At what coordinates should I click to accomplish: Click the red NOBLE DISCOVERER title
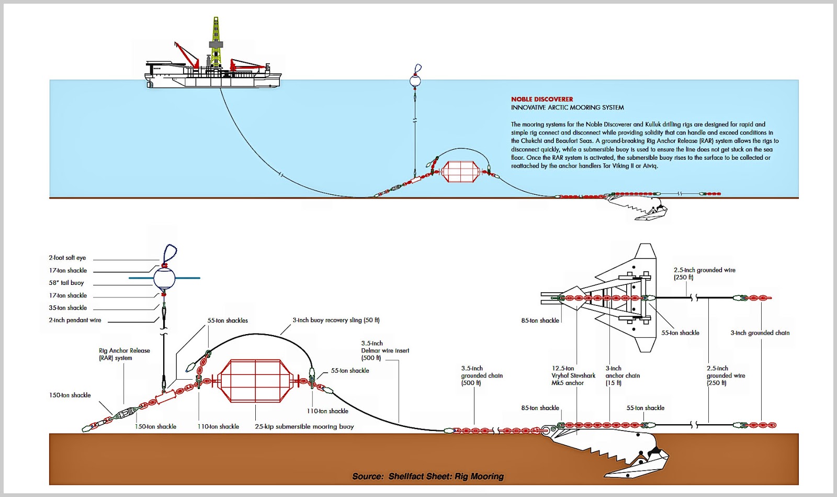click(541, 99)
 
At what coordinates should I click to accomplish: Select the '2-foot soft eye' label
click(67, 258)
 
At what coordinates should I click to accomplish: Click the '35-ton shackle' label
click(68, 308)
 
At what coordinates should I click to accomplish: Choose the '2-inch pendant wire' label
click(75, 320)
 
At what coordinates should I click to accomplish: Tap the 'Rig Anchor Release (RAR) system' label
click(125, 355)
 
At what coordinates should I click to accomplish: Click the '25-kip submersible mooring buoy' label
click(304, 427)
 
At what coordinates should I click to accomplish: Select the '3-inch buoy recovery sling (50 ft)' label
click(336, 320)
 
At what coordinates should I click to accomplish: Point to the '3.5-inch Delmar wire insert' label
click(385, 351)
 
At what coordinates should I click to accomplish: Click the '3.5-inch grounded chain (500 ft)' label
click(482, 375)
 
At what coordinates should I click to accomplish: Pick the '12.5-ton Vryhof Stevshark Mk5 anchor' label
click(573, 375)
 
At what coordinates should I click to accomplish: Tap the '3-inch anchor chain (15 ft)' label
click(623, 375)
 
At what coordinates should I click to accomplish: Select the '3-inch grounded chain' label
click(760, 333)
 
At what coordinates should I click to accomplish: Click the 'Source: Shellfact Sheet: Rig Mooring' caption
click(428, 476)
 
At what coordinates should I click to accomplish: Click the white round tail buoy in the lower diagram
click(164, 278)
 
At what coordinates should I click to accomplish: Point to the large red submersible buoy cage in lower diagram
click(255, 381)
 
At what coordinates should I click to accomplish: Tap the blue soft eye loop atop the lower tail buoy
click(170, 253)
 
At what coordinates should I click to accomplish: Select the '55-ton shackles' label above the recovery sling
click(228, 321)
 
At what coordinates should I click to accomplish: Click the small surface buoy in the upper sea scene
click(415, 81)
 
